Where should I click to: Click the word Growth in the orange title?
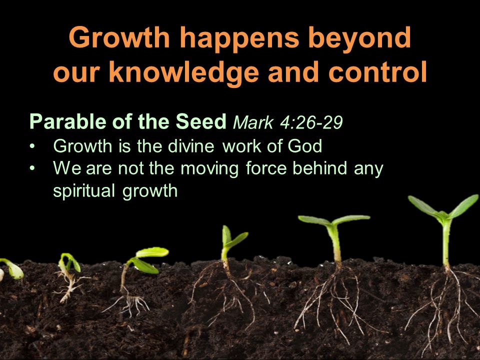click(119, 37)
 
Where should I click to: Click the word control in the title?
click(377, 72)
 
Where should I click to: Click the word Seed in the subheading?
click(201, 121)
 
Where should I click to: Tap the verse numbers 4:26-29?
click(311, 123)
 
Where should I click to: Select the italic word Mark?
click(253, 123)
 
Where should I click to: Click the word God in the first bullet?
click(305, 146)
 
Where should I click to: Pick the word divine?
click(191, 145)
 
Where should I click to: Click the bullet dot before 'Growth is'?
click(32, 146)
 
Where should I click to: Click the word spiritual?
click(84, 191)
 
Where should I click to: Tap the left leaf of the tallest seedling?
click(424, 205)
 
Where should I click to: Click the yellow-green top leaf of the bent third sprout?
click(152, 252)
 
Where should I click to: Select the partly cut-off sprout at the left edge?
click(11, 269)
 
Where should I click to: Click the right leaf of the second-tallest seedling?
click(352, 219)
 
